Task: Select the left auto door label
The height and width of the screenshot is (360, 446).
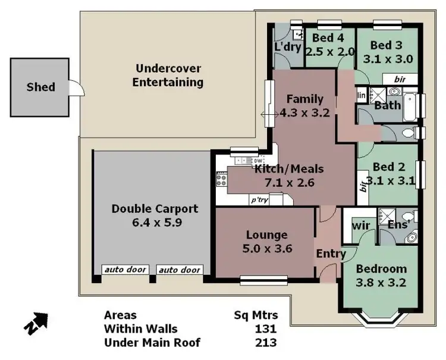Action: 125,270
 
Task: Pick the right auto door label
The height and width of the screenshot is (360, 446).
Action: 180,270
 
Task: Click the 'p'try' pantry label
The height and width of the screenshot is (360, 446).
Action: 259,201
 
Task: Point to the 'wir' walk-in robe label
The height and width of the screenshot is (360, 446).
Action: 360,226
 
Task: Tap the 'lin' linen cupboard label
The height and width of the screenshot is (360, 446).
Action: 360,95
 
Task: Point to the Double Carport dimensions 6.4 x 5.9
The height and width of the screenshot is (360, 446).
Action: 155,223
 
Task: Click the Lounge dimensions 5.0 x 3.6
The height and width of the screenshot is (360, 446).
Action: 266,249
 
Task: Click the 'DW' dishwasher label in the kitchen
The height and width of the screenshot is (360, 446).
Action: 257,161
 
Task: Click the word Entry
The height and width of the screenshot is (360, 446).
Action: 331,254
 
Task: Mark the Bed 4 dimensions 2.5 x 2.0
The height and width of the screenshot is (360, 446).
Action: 329,51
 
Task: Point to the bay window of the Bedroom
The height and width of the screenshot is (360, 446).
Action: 381,317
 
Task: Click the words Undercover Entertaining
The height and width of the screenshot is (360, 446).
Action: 168,75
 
